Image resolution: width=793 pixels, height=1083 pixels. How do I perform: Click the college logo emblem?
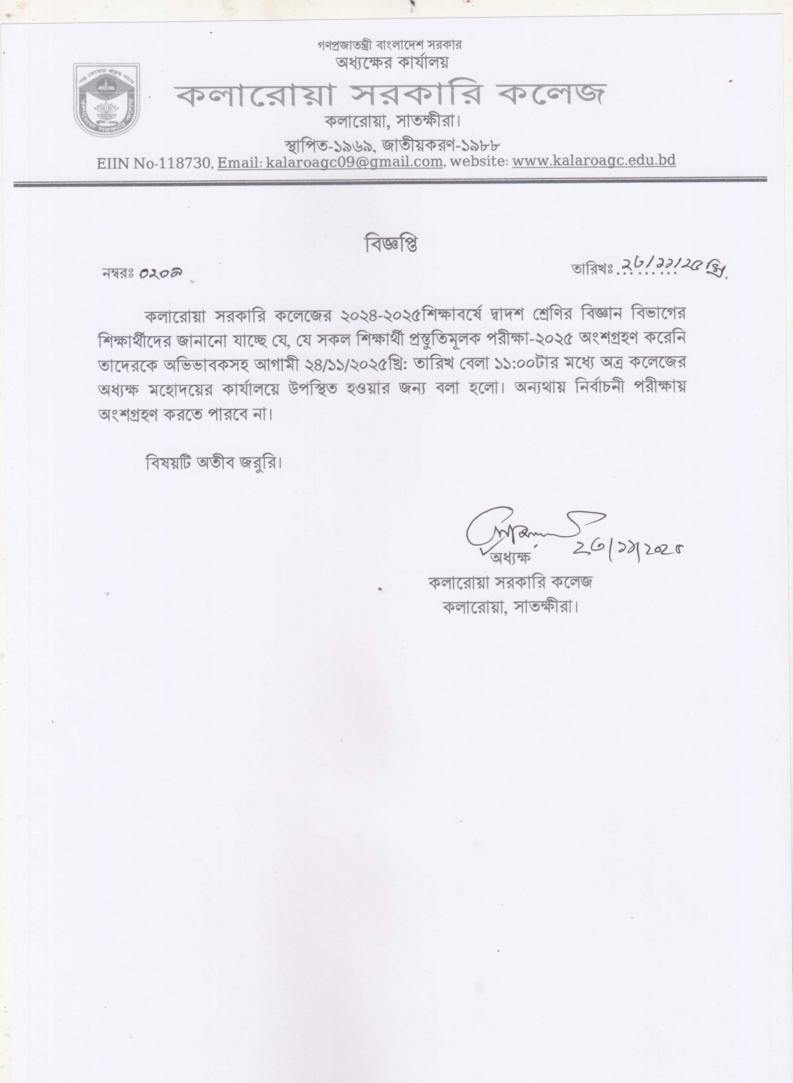tap(106, 100)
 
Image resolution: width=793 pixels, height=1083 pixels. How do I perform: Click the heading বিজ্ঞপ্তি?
tap(390, 244)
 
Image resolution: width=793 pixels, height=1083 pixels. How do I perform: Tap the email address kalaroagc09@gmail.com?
tap(354, 162)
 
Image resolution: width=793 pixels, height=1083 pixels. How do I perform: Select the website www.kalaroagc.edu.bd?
tap(594, 160)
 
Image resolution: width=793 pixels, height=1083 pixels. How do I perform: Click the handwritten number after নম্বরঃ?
tap(160, 273)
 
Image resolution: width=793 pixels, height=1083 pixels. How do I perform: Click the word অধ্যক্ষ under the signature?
tap(509, 558)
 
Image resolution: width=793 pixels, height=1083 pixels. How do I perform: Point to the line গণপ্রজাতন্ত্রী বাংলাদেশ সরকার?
tap(389, 45)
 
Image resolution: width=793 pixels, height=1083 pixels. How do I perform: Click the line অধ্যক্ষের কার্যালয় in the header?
tap(392, 63)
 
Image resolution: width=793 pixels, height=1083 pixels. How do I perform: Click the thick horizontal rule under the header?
tap(390, 181)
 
